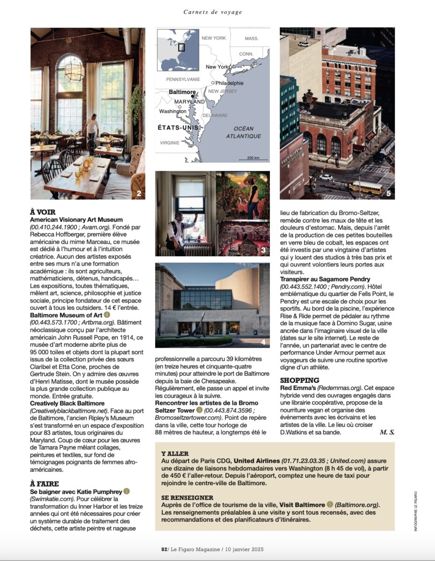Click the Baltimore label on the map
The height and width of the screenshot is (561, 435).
pyautogui.click(x=182, y=92)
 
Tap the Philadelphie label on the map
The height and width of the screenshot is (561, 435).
pyautogui.click(x=229, y=83)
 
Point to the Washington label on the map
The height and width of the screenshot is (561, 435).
pyautogui.click(x=172, y=112)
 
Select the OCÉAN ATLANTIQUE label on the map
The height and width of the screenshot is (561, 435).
pyautogui.click(x=243, y=132)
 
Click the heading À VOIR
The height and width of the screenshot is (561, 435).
pyautogui.click(x=43, y=212)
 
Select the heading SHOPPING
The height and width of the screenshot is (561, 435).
pyautogui.click(x=300, y=380)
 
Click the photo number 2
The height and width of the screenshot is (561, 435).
pyautogui.click(x=138, y=193)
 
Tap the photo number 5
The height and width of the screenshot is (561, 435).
pyautogui.click(x=388, y=193)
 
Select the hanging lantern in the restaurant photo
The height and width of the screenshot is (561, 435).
pyautogui.click(x=74, y=70)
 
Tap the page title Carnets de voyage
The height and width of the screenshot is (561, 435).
pyautogui.click(x=213, y=12)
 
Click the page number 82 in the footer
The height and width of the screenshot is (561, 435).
pyautogui.click(x=164, y=549)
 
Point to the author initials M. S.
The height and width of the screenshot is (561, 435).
pyautogui.click(x=387, y=432)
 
